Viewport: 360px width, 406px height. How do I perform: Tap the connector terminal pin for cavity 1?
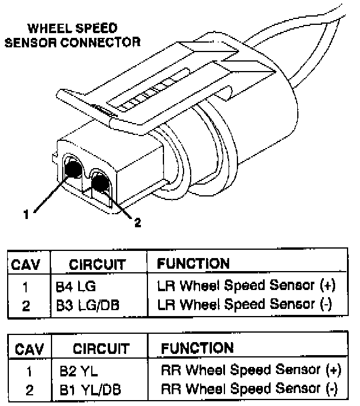coord(73,169)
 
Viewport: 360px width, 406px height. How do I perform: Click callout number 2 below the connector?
coord(137,223)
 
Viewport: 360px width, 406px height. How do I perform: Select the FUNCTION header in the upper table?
coord(194,263)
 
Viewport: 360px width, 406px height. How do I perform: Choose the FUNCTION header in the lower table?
coord(198,348)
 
